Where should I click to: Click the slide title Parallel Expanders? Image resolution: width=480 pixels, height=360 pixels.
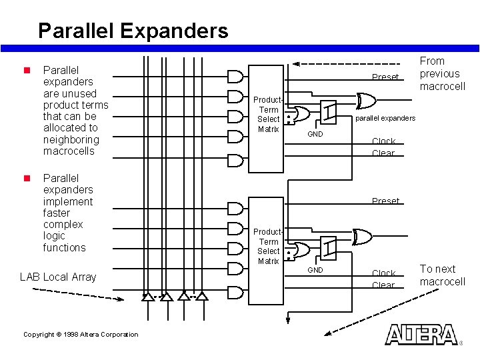point(133,31)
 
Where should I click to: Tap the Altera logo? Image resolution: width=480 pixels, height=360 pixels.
point(421,335)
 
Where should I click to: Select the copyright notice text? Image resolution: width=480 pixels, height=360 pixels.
point(81,335)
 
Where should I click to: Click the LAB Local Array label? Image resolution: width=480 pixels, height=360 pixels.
point(58,277)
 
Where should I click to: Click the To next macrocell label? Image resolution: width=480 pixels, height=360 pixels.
point(442,275)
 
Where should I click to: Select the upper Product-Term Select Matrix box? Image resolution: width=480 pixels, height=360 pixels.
point(269,110)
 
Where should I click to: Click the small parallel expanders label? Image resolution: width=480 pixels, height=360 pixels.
point(385,119)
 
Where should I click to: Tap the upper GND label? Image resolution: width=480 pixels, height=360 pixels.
point(315,135)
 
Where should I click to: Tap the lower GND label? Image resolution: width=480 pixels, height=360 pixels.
point(315,270)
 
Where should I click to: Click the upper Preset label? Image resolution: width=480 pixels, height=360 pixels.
point(385,77)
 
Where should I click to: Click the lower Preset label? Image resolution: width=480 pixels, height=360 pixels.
point(385,201)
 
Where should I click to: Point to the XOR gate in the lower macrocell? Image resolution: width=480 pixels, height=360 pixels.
point(363,236)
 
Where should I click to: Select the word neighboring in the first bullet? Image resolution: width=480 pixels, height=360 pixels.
point(71,139)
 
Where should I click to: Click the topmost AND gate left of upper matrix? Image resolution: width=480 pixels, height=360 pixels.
point(235,75)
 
